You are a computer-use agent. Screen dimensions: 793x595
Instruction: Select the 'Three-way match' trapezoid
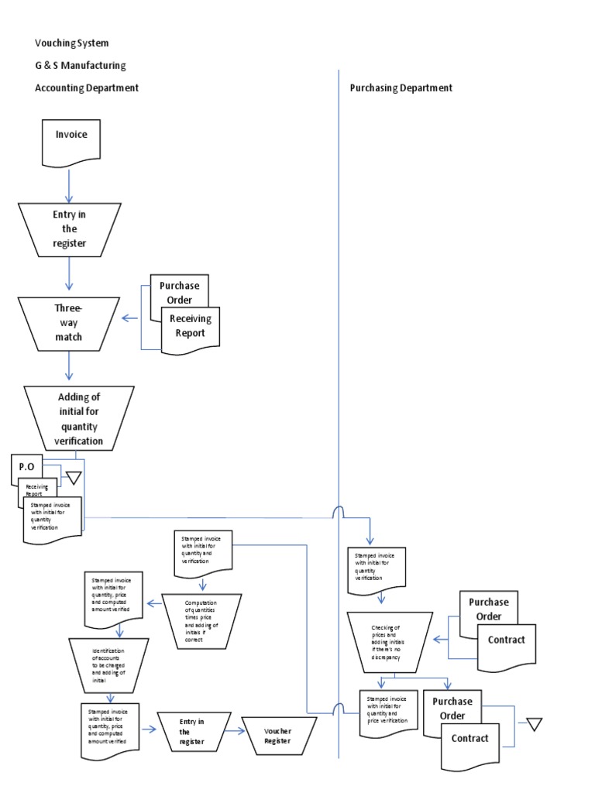(68, 321)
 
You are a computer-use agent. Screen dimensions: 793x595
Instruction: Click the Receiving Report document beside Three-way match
(190, 327)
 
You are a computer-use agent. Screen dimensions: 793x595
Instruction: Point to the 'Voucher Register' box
(279, 736)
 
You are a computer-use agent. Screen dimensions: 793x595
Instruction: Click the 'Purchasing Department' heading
(401, 88)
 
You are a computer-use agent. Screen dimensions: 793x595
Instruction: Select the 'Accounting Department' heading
(87, 88)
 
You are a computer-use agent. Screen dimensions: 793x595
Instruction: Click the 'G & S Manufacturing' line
(80, 66)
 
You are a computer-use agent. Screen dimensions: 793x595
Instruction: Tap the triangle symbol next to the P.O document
(74, 478)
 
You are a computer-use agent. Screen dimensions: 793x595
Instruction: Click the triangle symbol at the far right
(533, 725)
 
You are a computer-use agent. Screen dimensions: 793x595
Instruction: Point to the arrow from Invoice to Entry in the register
(70, 186)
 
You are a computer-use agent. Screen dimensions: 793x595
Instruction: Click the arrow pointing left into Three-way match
(130, 318)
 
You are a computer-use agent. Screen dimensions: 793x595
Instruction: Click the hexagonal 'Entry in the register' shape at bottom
(192, 732)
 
